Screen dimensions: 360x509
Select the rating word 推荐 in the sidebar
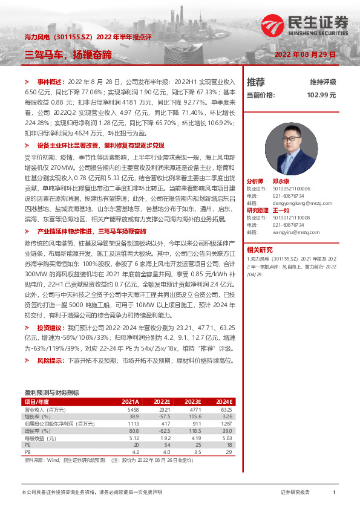click(256, 82)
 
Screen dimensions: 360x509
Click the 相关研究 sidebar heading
click(260, 248)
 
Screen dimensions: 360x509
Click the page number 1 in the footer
click(333, 493)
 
